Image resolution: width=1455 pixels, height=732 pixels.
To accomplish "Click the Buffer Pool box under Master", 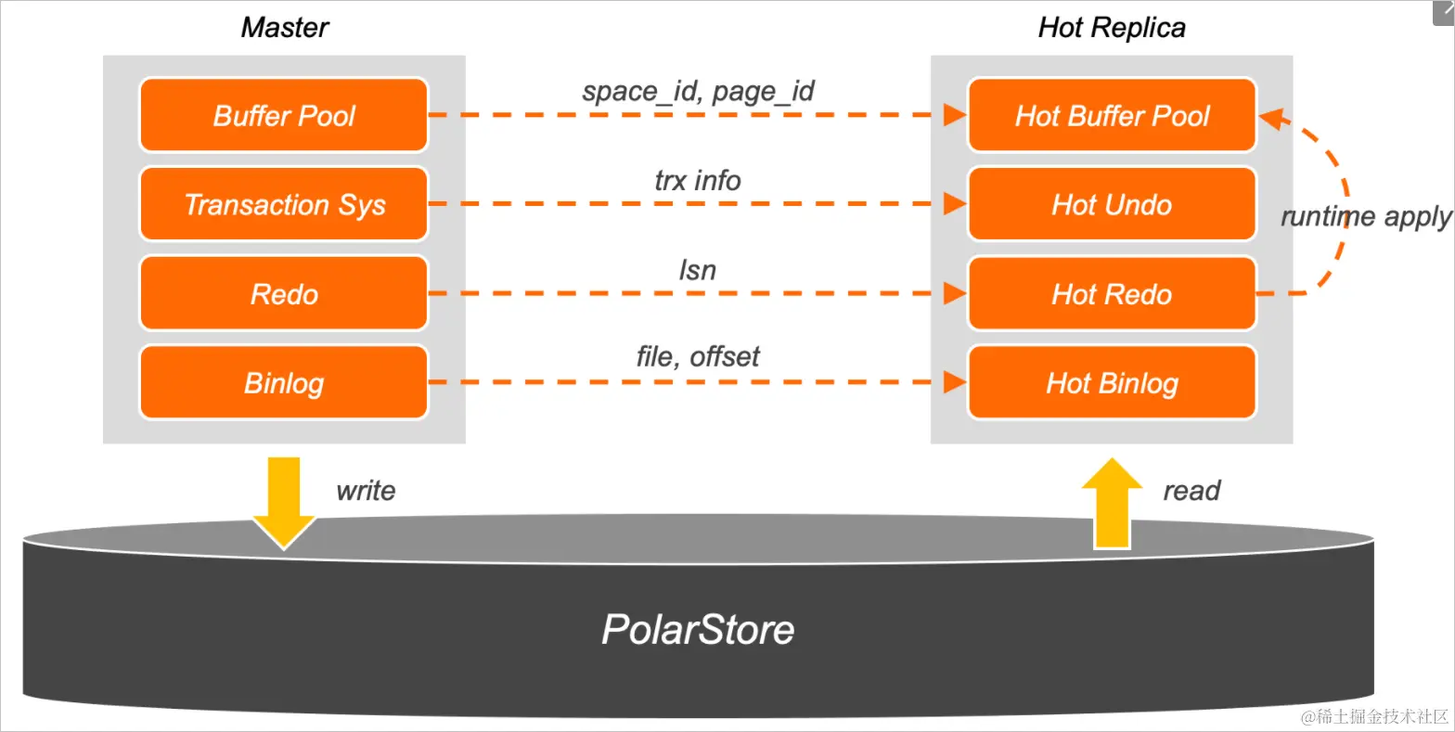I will [x=283, y=115].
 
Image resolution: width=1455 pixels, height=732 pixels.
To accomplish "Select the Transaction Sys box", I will [x=283, y=204].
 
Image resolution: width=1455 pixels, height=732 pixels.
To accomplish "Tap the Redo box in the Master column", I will [x=283, y=294].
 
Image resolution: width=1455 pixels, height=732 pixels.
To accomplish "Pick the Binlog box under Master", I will [x=283, y=383].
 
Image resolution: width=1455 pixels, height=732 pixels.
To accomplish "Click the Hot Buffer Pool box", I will [x=1112, y=115].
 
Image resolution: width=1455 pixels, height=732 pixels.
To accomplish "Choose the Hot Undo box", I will [x=1112, y=204].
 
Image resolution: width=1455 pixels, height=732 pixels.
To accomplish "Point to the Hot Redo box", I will [x=1112, y=294].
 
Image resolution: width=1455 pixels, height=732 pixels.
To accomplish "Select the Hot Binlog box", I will [x=1112, y=383].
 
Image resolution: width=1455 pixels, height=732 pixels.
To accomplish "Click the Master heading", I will [x=284, y=28].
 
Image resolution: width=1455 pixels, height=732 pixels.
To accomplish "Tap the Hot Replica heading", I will [x=1112, y=28].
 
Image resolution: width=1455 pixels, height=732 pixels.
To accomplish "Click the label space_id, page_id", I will [x=698, y=91].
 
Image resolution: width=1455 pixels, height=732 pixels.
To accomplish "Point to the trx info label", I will [x=698, y=180].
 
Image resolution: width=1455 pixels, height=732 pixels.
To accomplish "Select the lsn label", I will [x=698, y=270].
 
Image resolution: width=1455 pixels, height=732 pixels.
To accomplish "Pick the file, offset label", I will [x=698, y=356].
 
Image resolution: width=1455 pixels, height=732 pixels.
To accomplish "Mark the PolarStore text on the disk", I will [x=698, y=630].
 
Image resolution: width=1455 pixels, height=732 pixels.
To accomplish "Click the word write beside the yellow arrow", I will [x=366, y=491].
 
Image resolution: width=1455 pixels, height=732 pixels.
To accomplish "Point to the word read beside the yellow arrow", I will [x=1191, y=491].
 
